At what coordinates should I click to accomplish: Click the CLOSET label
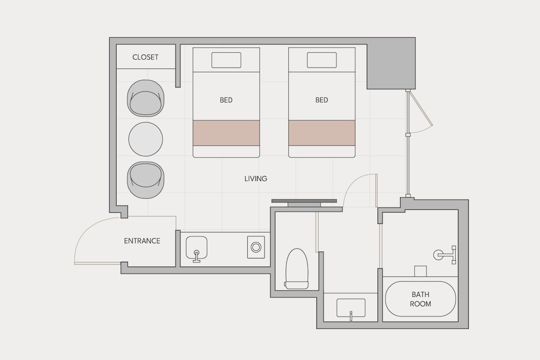[145, 57]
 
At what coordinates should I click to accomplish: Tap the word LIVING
[256, 179]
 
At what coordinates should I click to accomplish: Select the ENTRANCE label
[142, 241]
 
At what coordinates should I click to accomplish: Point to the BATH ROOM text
[421, 299]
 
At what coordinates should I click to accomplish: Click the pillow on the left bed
[226, 60]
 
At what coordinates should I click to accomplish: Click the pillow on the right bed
[322, 60]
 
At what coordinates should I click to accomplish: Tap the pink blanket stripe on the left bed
[226, 133]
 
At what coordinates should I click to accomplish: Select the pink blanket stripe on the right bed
[322, 133]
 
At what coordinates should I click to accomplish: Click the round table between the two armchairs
[146, 139]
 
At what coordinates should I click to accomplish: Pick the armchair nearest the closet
[146, 98]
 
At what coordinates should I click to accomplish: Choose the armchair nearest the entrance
[146, 180]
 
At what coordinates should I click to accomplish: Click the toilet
[296, 269]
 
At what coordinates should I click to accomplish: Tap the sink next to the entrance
[197, 248]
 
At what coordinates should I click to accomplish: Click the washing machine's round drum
[256, 247]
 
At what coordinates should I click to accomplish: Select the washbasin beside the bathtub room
[350, 308]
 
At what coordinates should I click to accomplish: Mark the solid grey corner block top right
[391, 64]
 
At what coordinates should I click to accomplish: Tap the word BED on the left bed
[226, 100]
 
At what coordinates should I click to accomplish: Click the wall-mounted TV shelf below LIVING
[304, 202]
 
